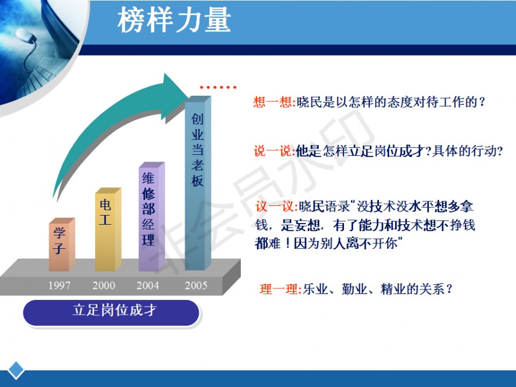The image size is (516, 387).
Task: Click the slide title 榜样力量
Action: (174, 21)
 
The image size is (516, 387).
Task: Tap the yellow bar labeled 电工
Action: (108, 229)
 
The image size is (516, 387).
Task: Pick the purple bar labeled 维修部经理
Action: (152, 217)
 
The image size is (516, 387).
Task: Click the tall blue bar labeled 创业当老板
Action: (197, 183)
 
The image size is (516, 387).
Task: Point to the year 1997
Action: (59, 285)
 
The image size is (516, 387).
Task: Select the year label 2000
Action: (104, 285)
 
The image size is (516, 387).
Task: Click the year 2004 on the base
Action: (148, 285)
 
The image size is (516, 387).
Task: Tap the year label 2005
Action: (196, 285)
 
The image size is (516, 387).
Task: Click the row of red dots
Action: (218, 87)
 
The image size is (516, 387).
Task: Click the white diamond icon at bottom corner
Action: (16, 370)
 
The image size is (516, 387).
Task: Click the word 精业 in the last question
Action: (393, 290)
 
